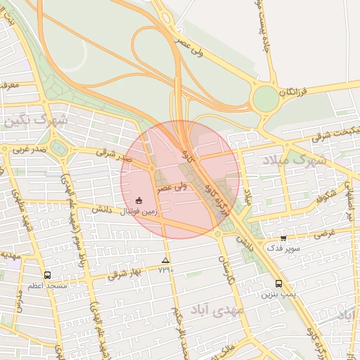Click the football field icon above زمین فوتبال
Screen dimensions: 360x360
[x=139, y=200]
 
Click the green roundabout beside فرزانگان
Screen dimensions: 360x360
[x=266, y=98]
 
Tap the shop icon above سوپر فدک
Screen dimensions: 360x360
[x=283, y=238]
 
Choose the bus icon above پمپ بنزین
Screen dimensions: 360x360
[x=279, y=284]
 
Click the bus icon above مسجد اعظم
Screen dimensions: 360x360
[x=47, y=276]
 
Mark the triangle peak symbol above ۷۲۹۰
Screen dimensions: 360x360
[x=165, y=260]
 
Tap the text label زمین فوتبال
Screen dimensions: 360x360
[x=138, y=210]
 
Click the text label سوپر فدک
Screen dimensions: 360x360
[x=283, y=248]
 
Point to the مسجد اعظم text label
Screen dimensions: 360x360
[x=47, y=286]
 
